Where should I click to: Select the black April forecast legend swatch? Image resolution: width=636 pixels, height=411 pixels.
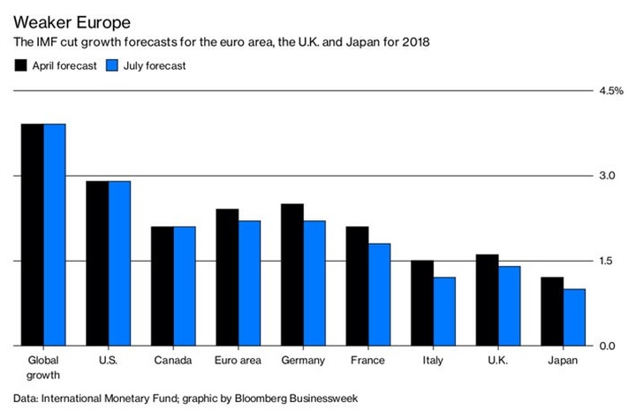[x=20, y=65]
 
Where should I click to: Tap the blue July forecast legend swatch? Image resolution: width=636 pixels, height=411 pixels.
[x=111, y=65]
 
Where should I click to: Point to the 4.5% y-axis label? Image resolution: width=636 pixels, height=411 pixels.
[x=610, y=90]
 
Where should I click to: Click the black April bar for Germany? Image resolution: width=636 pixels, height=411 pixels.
[x=292, y=274]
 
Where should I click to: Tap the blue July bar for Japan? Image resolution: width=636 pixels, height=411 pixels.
[x=574, y=316]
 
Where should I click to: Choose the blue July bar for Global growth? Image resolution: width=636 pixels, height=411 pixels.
[x=55, y=234]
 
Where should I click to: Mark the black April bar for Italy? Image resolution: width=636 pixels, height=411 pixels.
[x=422, y=302]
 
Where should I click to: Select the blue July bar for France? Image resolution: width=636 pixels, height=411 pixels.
[x=379, y=294]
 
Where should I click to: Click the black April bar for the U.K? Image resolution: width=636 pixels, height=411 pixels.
[x=487, y=300]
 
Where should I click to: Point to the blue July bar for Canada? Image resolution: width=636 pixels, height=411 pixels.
[x=184, y=285]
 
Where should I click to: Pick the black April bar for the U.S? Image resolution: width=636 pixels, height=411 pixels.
[x=97, y=263]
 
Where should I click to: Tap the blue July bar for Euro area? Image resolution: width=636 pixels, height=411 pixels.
[x=249, y=283]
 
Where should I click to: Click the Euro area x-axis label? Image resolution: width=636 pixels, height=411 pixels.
[x=238, y=362]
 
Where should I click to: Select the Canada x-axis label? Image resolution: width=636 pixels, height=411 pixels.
[x=173, y=362]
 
